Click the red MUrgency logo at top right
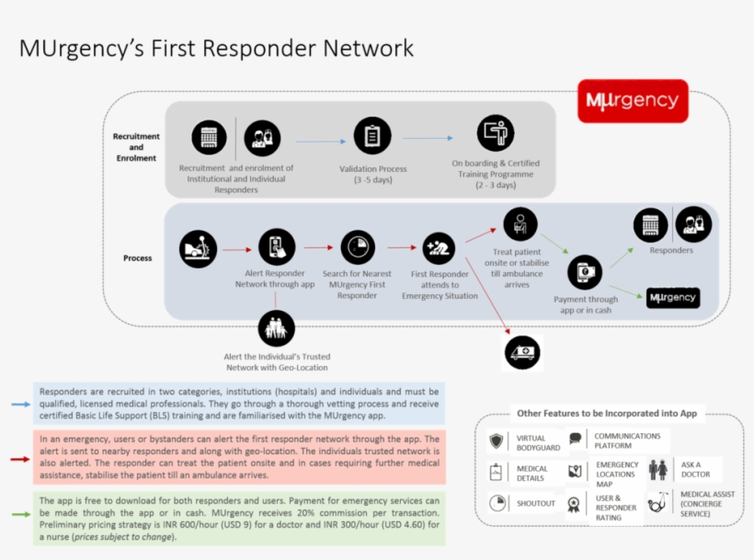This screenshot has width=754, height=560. pyautogui.click(x=634, y=101)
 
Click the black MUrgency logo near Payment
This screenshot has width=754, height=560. pyautogui.click(x=672, y=298)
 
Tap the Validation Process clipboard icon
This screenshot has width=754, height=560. pyautogui.click(x=371, y=137)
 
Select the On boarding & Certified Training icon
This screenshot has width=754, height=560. pyautogui.click(x=495, y=134)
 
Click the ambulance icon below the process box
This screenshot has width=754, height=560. pyautogui.click(x=522, y=352)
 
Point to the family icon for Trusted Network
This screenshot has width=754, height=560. pyautogui.click(x=276, y=328)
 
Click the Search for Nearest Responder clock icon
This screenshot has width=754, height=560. pyautogui.click(x=358, y=247)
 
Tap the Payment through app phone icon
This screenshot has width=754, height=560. pyautogui.click(x=585, y=272)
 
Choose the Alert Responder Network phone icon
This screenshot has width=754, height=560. pyautogui.click(x=276, y=246)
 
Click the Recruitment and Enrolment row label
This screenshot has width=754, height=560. pyautogui.click(x=135, y=147)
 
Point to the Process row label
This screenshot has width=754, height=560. pyautogui.click(x=137, y=258)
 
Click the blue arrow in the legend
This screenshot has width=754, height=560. pyautogui.click(x=18, y=403)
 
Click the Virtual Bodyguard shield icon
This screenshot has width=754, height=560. pyautogui.click(x=497, y=441)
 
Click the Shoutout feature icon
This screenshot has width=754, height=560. pyautogui.click(x=497, y=503)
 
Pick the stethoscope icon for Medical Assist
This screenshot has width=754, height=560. pyautogui.click(x=658, y=502)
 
